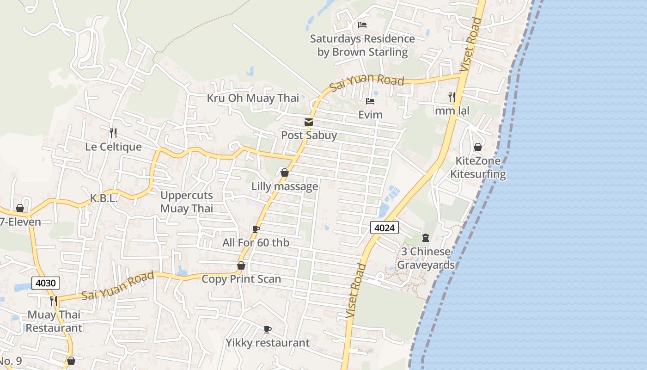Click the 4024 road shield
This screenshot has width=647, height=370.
tap(384, 227)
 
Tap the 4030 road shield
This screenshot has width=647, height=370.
tap(46, 283)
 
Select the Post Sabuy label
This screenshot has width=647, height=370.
tap(309, 136)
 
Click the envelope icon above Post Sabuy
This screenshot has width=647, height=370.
tap(309, 122)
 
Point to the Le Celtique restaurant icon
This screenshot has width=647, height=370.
tap(113, 133)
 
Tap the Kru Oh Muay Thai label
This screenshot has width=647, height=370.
tap(253, 98)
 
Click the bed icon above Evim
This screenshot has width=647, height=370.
tap(370, 101)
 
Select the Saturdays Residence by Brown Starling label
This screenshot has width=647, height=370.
tap(362, 45)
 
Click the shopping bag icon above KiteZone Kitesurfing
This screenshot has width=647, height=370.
tap(478, 147)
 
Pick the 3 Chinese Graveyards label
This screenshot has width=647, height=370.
tap(426, 258)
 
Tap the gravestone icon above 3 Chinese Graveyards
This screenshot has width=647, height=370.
tap(426, 238)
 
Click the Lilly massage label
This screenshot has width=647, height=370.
tap(285, 186)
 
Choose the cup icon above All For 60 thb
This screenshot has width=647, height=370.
tap(256, 229)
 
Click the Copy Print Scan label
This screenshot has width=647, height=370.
tap(241, 279)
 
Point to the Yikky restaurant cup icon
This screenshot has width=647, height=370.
tap(267, 329)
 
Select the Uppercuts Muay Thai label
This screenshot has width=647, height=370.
tap(187, 202)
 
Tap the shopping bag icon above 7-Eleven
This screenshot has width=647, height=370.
tap(20, 208)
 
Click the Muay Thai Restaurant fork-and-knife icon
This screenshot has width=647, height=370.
tap(54, 301)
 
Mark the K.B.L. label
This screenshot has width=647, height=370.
tap(104, 198)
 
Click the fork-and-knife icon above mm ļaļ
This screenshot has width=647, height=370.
tap(452, 97)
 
